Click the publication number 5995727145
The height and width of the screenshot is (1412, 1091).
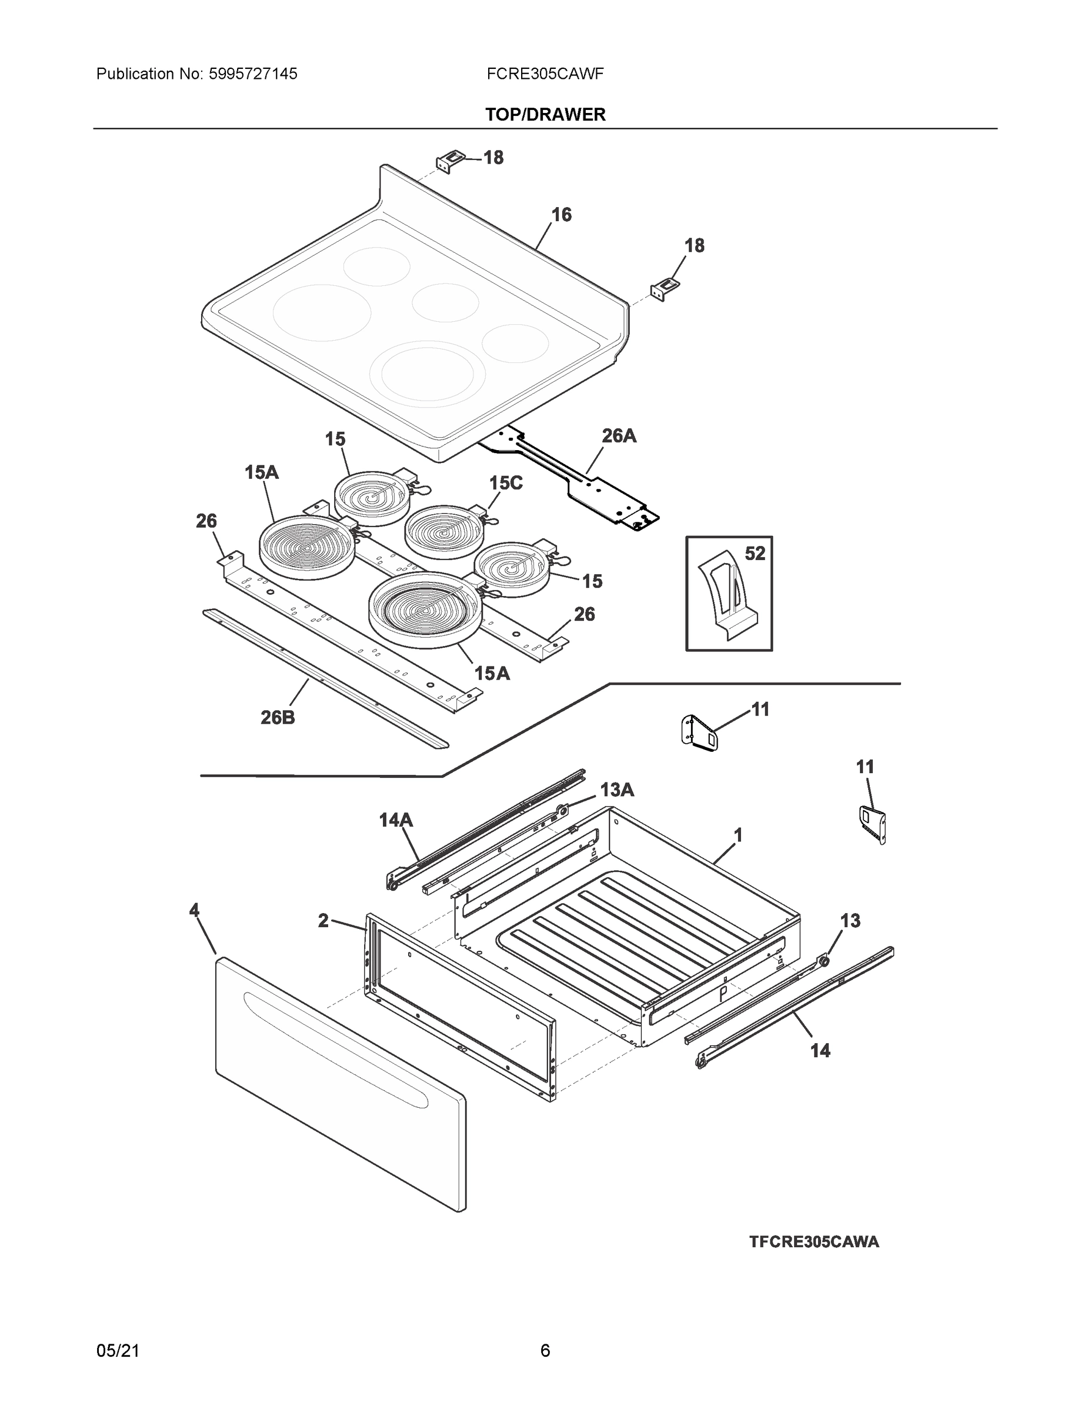(x=253, y=74)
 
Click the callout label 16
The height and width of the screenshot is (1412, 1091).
(x=561, y=215)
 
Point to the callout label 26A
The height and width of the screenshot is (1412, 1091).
(x=619, y=437)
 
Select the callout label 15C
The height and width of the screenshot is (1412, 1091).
(x=505, y=483)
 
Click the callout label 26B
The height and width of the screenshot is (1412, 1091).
(x=278, y=717)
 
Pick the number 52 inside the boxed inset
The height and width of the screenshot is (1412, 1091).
(x=755, y=554)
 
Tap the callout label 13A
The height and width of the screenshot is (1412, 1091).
(x=616, y=790)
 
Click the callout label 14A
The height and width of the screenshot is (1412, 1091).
(x=396, y=821)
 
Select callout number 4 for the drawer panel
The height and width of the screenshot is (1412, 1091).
(x=194, y=910)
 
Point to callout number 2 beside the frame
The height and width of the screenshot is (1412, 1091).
(x=323, y=921)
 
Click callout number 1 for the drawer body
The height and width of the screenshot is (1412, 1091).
(x=738, y=835)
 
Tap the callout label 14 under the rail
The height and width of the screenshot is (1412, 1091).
(x=820, y=1051)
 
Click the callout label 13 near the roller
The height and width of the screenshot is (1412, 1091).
(x=850, y=921)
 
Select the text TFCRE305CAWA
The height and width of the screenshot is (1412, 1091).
(x=814, y=1242)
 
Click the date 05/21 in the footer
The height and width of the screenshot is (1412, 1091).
(x=118, y=1351)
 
